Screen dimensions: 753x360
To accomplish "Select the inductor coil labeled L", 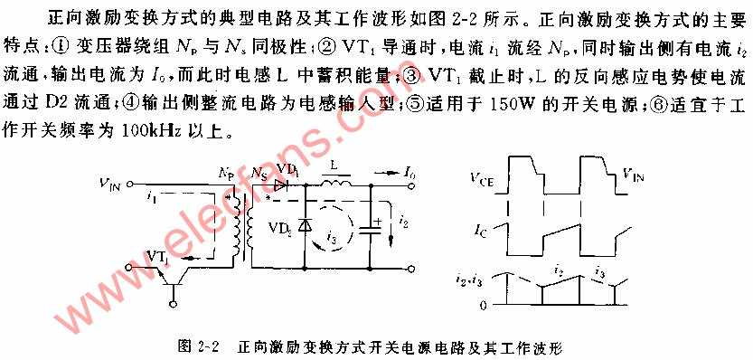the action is pyautogui.click(x=334, y=182).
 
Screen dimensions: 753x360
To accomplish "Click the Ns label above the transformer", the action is pyautogui.click(x=259, y=173).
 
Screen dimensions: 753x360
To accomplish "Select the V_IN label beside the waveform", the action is pyautogui.click(x=634, y=175).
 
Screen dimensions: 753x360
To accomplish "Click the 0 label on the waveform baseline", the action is pyautogui.click(x=485, y=305).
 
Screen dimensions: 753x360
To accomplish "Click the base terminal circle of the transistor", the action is pyautogui.click(x=173, y=303).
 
